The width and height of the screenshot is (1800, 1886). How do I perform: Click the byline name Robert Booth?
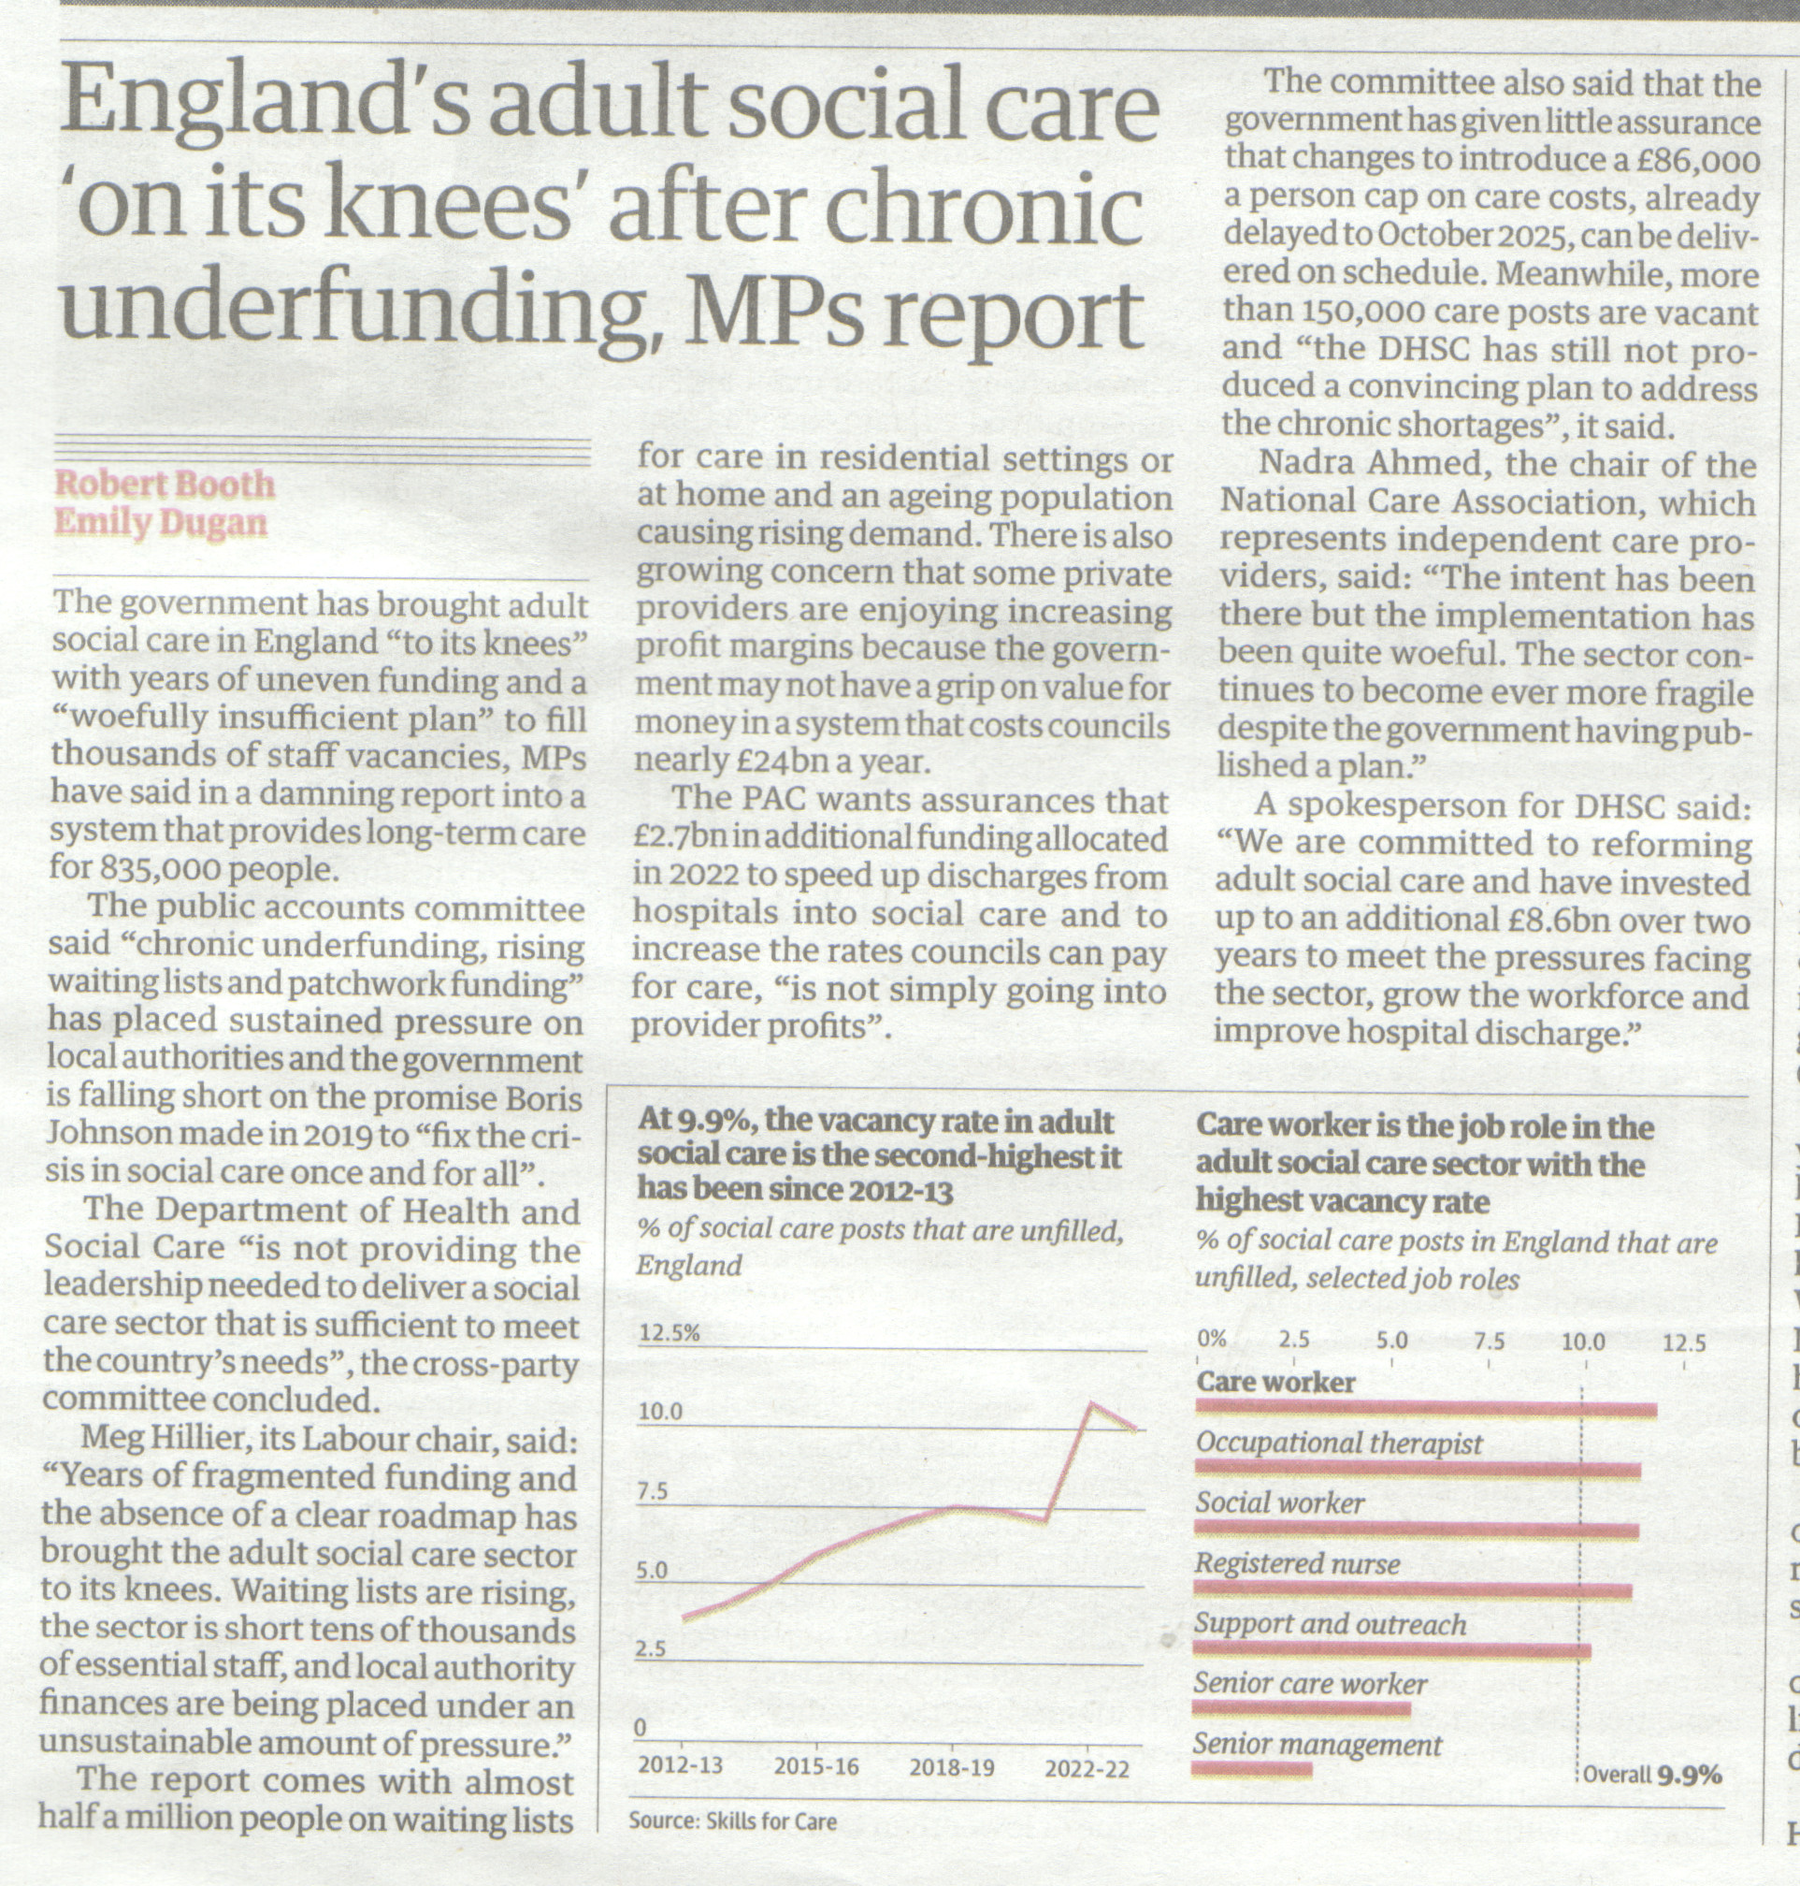[164, 484]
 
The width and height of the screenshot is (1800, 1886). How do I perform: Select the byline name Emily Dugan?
[160, 523]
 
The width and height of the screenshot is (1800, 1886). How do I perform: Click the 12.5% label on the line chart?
[669, 1333]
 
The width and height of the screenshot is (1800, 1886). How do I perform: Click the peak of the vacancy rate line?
[1090, 1404]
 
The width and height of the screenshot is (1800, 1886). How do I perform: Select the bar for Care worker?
[1426, 1410]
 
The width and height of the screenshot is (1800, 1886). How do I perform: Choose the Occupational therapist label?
[1339, 1444]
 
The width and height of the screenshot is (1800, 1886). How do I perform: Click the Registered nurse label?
[1297, 1564]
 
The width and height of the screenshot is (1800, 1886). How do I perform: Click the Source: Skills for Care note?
[733, 1821]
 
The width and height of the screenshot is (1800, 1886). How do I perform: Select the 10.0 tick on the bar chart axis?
[1583, 1341]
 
